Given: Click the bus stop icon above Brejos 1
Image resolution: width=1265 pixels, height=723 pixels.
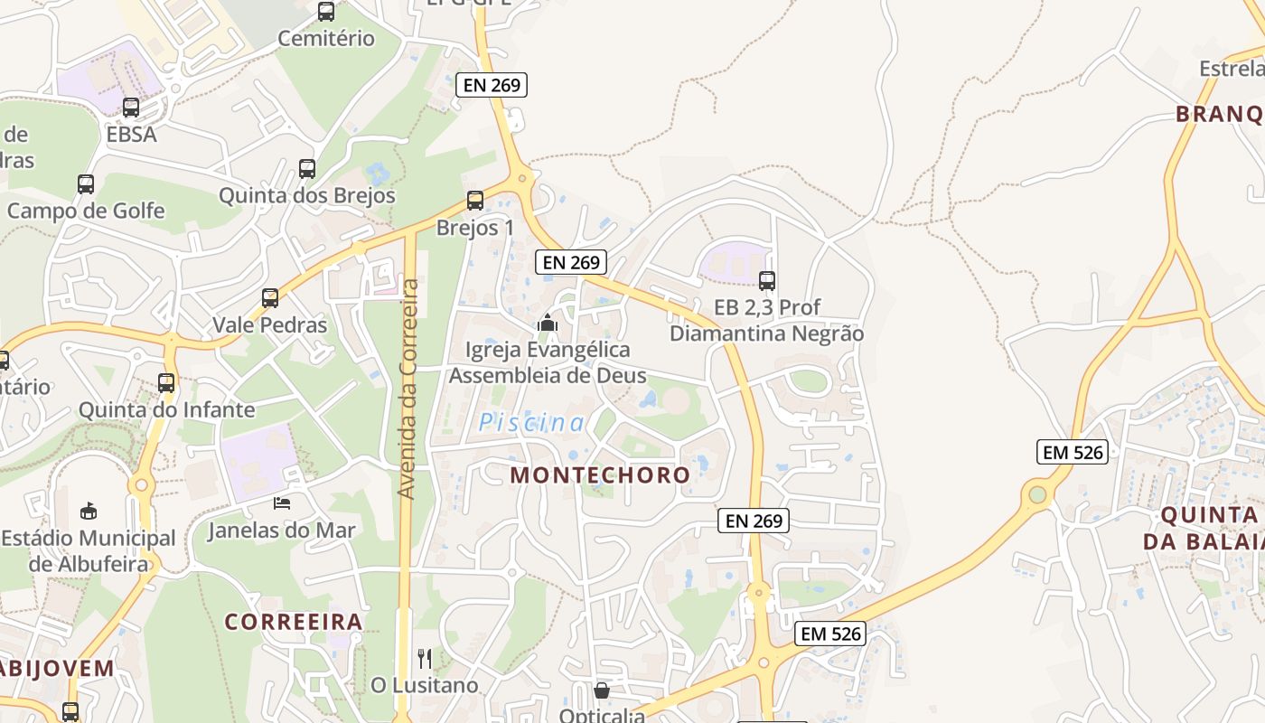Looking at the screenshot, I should (x=475, y=201).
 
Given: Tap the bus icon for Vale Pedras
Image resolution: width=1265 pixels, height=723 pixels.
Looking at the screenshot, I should (x=269, y=298).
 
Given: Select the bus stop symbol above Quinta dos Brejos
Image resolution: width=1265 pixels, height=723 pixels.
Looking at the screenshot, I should (x=307, y=169).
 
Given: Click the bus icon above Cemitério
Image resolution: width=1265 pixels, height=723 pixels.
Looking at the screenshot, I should (x=326, y=12).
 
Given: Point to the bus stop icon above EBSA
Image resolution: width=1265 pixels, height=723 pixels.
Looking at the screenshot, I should (x=131, y=108).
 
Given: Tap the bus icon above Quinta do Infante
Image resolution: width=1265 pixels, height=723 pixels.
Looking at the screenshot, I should (x=166, y=382).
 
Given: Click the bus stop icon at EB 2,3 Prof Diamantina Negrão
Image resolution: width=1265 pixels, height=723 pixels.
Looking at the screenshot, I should (x=767, y=281).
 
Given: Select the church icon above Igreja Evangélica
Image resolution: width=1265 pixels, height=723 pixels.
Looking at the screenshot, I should (x=548, y=323).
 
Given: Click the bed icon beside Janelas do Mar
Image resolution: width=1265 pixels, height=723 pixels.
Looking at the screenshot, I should (x=283, y=502).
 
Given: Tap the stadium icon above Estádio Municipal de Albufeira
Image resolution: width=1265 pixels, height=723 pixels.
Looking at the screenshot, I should (x=89, y=512).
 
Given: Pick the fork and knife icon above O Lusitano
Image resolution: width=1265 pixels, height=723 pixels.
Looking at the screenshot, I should (x=425, y=658).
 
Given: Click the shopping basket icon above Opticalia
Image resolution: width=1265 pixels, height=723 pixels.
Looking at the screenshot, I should (x=602, y=691).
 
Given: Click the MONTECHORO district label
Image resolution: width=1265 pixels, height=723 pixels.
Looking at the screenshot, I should (x=600, y=475).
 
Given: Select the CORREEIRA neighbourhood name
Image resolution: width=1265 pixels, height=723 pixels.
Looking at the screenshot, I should (x=294, y=622).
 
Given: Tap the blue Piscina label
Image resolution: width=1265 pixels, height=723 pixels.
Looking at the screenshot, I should (x=531, y=423).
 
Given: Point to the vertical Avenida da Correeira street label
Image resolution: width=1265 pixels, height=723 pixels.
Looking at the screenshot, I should (x=408, y=389).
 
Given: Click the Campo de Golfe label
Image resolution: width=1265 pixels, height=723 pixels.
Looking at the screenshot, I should (x=86, y=211).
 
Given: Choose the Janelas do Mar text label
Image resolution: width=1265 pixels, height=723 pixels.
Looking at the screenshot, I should (x=282, y=531).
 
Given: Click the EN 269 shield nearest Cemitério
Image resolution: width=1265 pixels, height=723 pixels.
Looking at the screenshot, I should (x=491, y=85).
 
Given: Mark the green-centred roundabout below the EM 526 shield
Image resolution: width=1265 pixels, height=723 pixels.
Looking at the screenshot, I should (x=1037, y=494).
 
